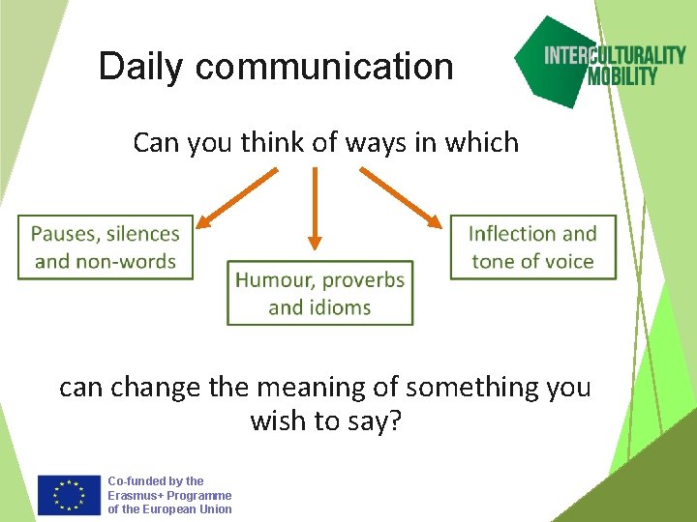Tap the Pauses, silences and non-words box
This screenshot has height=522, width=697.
(105, 247)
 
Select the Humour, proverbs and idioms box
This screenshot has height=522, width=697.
(319, 293)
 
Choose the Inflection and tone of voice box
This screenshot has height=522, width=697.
(532, 247)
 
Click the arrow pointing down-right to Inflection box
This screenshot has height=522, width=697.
(400, 197)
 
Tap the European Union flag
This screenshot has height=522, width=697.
(69, 495)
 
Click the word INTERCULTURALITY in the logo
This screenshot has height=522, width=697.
(615, 55)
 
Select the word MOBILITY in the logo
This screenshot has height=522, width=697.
(622, 76)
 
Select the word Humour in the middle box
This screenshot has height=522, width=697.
(275, 280)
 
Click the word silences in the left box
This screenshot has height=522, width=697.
(143, 234)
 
